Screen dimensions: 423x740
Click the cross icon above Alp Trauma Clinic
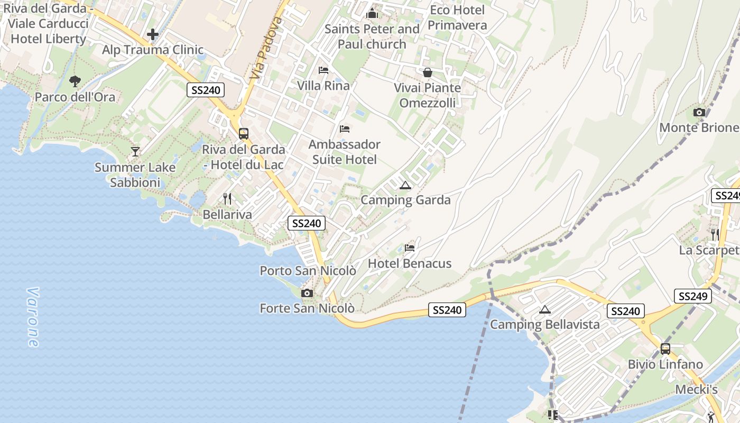153,35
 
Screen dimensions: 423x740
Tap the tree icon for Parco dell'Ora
75,81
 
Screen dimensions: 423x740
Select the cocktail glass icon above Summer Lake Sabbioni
135,152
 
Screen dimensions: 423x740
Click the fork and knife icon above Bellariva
227,199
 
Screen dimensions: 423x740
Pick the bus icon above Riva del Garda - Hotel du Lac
244,133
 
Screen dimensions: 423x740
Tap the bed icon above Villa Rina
323,70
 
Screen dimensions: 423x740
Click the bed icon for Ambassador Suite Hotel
345,128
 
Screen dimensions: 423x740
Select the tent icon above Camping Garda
405,185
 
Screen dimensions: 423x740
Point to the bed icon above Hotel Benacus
410,247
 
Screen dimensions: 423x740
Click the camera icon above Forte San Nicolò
307,293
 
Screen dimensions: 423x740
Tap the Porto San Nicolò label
308,271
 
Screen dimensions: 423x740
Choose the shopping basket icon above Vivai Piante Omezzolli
428,72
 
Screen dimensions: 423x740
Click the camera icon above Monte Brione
699,112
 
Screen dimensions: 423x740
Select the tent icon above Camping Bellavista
545,309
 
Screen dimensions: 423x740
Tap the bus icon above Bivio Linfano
665,349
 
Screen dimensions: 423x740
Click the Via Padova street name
266,48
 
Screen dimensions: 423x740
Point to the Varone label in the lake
33,317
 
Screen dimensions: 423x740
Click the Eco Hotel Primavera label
457,17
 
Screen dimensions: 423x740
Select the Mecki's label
697,390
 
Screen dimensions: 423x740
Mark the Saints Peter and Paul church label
372,36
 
